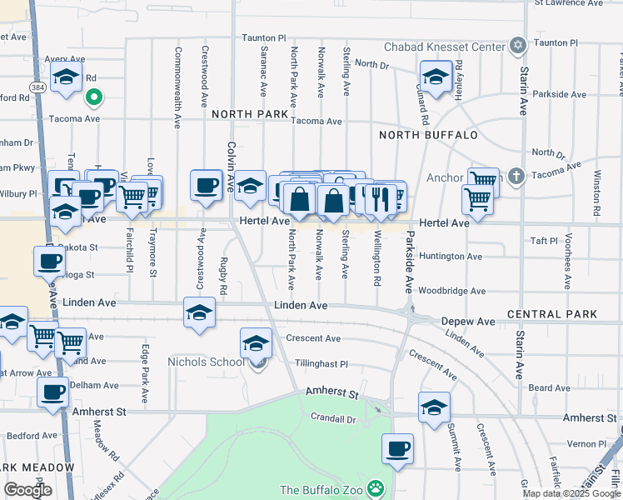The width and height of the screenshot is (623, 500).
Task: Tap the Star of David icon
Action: pos(518,44)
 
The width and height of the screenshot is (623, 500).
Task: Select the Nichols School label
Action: pos(207,362)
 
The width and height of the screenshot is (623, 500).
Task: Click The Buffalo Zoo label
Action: pos(323,489)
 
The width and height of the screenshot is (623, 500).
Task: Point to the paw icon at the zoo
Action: pos(377,487)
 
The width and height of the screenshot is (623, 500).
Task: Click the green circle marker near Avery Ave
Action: pos(94,98)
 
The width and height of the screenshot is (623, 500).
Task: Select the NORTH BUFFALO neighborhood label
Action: pos(428,135)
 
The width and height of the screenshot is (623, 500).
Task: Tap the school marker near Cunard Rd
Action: pos(435,77)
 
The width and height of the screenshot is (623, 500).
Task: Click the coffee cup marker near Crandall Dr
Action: pos(398,449)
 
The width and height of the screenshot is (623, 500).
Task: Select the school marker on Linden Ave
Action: pos(199,314)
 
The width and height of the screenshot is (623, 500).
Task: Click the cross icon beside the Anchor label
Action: pos(517,176)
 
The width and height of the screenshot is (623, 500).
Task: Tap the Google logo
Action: pos(28,489)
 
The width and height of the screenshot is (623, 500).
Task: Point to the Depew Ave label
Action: pos(468,322)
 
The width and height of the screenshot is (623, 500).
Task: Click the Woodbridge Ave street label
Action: pos(451,292)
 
